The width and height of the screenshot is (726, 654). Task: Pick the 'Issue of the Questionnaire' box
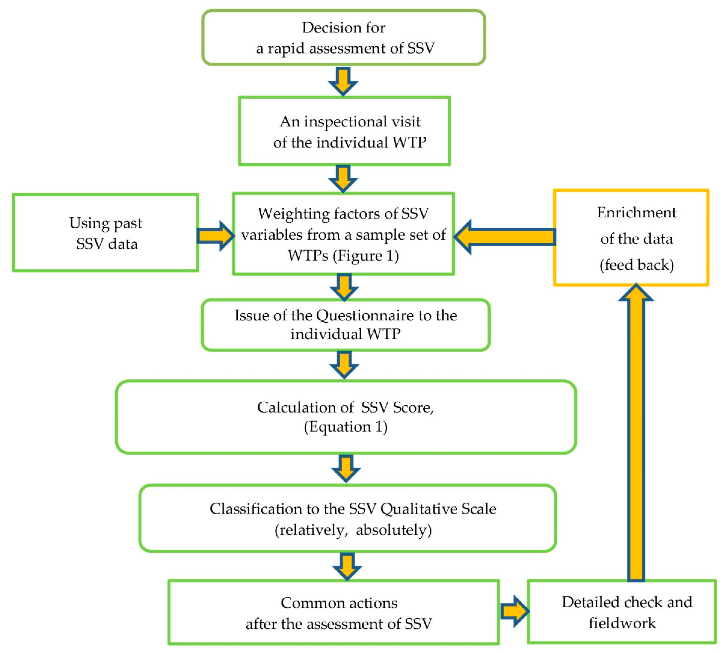click(x=345, y=324)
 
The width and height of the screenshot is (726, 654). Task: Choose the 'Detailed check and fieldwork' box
click(x=621, y=612)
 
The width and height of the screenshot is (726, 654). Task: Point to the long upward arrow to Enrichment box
click(x=636, y=431)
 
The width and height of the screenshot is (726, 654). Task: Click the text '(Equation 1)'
click(x=345, y=427)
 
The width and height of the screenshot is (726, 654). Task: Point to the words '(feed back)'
click(x=636, y=265)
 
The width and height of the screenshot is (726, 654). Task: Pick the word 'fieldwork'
click(x=622, y=623)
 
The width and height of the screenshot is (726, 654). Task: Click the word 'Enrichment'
click(x=636, y=212)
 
